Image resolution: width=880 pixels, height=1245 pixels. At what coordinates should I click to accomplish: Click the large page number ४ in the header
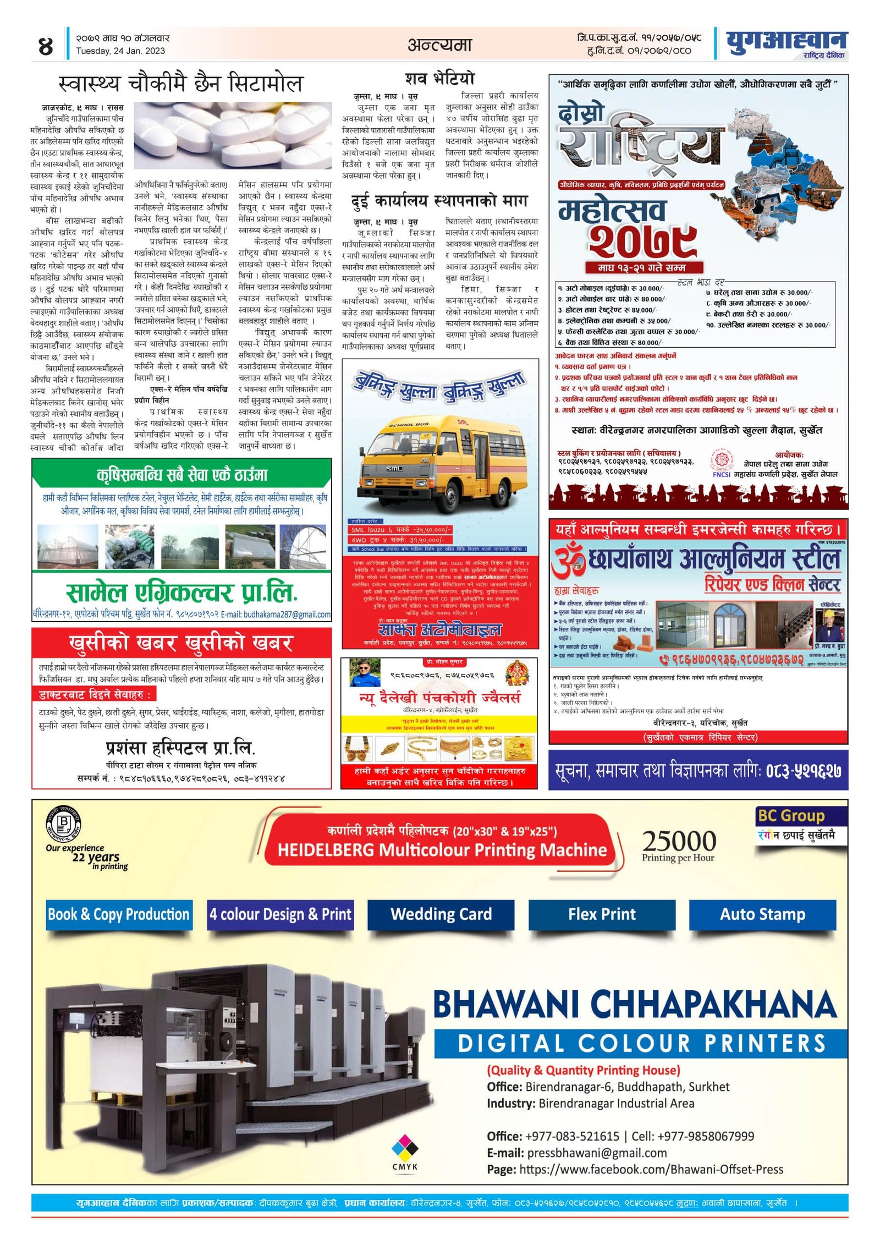46,46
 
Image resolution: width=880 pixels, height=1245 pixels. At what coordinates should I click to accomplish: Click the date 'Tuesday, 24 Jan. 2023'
120,51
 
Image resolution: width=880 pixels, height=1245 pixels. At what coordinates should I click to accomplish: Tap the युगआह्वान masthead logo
787,42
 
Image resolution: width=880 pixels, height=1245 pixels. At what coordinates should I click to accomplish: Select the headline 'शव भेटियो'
439,78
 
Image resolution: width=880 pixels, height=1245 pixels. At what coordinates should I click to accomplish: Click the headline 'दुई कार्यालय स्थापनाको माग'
439,201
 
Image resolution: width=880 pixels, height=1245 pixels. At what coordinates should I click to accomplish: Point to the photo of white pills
233,135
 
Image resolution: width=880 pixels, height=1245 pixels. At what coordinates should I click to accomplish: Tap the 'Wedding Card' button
441,914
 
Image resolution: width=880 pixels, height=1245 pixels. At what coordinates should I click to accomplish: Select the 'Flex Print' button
602,914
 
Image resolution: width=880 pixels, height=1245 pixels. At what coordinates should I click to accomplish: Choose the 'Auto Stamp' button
762,914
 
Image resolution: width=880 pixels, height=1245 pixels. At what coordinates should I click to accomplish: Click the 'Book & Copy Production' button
119,914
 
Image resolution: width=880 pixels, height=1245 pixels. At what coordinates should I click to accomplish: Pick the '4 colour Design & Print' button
280,914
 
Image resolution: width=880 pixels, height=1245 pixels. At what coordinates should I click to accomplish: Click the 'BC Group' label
791,815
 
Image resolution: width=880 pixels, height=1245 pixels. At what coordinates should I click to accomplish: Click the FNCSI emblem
722,462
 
